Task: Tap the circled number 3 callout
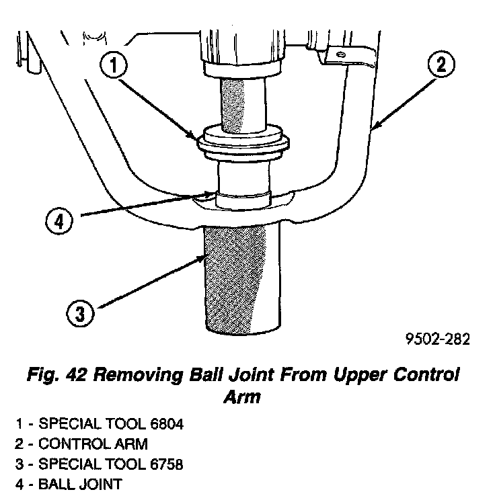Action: pyautogui.click(x=79, y=313)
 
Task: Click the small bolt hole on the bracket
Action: pyautogui.click(x=341, y=54)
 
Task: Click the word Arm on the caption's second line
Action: pyautogui.click(x=241, y=397)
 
